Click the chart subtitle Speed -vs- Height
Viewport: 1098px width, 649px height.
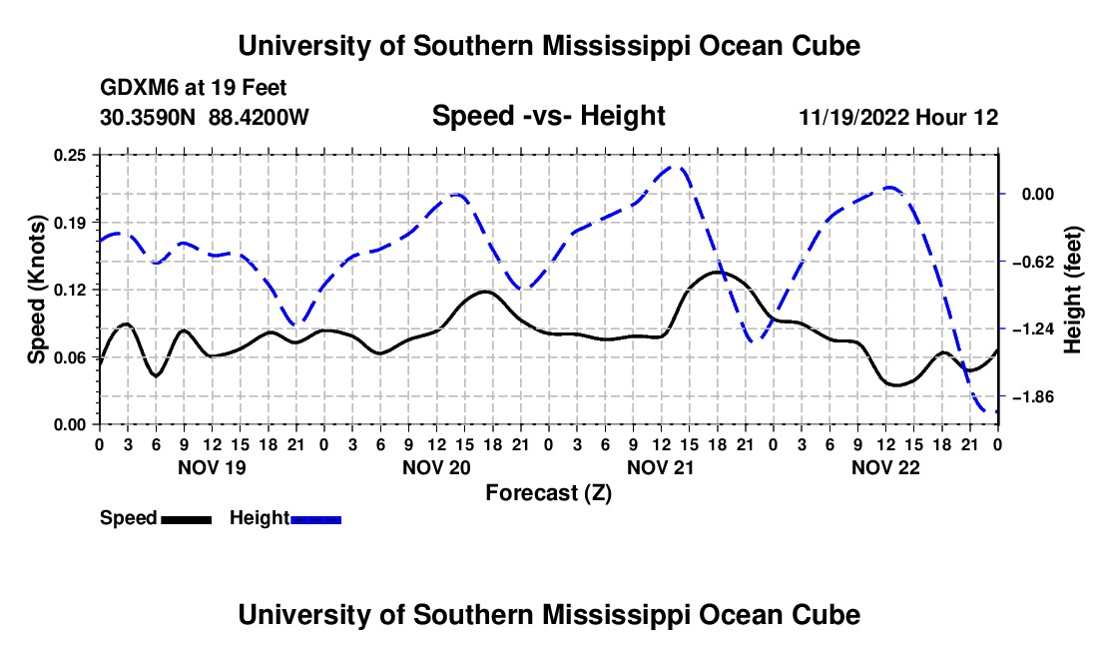[x=548, y=116]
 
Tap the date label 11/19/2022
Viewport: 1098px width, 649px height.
[x=853, y=117]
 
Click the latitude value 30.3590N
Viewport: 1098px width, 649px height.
[x=147, y=117]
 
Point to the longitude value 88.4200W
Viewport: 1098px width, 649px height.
[x=259, y=117]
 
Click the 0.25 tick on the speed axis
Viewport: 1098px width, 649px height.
[x=70, y=155]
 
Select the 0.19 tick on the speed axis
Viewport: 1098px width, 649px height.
[x=70, y=223]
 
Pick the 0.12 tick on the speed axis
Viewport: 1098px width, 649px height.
[x=70, y=290]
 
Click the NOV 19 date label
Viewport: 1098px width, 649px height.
[x=212, y=467]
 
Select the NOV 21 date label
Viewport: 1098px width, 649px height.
[x=661, y=467]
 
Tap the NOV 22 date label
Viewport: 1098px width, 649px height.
[x=885, y=467]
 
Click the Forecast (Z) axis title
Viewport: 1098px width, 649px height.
[x=548, y=493]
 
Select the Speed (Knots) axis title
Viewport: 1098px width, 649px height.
[x=36, y=290]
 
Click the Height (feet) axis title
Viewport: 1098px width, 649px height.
[x=1073, y=290]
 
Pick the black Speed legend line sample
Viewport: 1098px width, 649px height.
[x=186, y=519]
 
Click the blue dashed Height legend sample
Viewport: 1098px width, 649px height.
[x=315, y=519]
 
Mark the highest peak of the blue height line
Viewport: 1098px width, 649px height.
[x=675, y=167]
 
